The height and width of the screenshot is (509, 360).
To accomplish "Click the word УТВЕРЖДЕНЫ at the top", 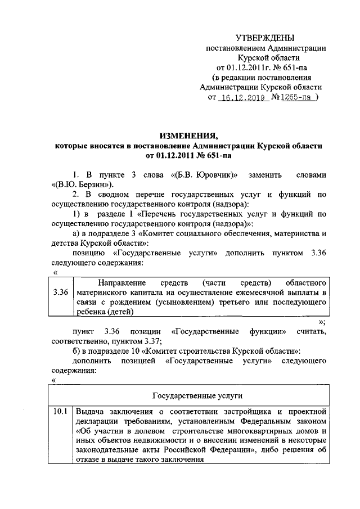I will [x=265, y=38].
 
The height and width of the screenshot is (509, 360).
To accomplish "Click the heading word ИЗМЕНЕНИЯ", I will [x=188, y=135].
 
